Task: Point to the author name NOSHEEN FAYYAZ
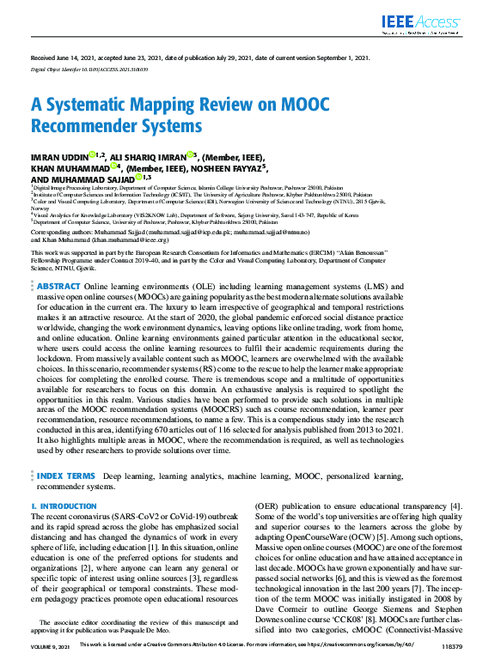[x=227, y=167]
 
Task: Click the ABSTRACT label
[x=59, y=284]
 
